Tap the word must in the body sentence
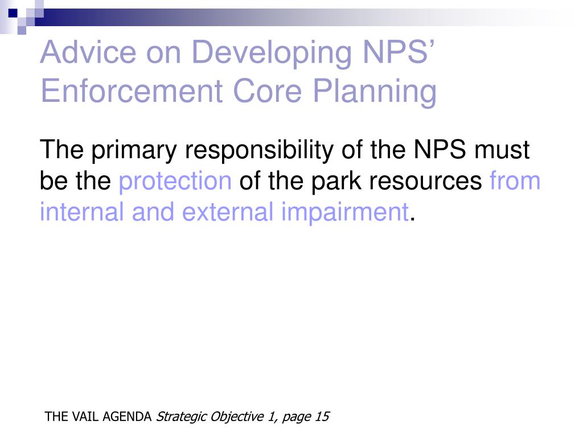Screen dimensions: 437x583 [x=502, y=151]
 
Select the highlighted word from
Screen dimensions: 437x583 [x=515, y=182]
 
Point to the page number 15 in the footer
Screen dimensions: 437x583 [x=322, y=417]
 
